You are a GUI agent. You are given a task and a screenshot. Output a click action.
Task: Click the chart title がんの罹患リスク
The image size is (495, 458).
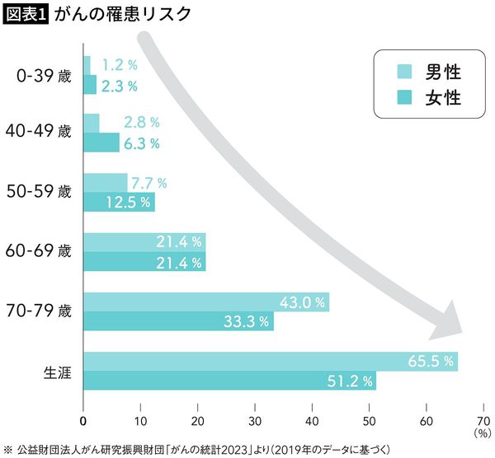coord(122,14)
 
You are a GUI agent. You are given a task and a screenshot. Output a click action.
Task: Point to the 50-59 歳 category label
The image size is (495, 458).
coord(45,192)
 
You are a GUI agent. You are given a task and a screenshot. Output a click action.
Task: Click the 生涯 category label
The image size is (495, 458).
coord(57,372)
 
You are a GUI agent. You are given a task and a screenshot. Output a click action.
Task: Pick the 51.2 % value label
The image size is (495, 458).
coord(347,381)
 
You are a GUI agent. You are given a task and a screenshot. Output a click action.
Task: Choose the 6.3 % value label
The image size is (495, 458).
coord(141,143)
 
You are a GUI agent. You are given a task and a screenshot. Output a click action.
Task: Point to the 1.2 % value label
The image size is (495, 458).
coord(120,64)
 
